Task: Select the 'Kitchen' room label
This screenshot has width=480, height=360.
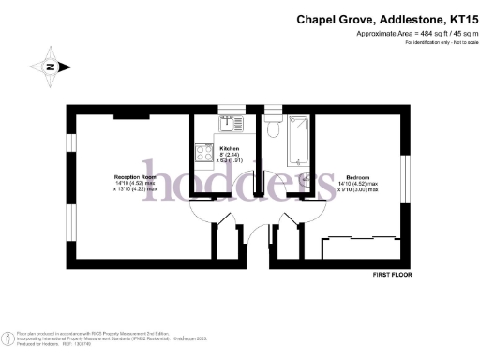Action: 230,149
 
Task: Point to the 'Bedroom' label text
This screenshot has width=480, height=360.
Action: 357,177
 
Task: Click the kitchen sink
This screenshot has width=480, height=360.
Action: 231,122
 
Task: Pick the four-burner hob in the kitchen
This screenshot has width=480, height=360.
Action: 203,153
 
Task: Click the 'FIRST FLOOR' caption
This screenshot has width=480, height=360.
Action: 392,274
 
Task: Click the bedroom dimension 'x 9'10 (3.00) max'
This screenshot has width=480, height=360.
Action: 357,190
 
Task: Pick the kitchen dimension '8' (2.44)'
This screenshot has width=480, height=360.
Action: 231,156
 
